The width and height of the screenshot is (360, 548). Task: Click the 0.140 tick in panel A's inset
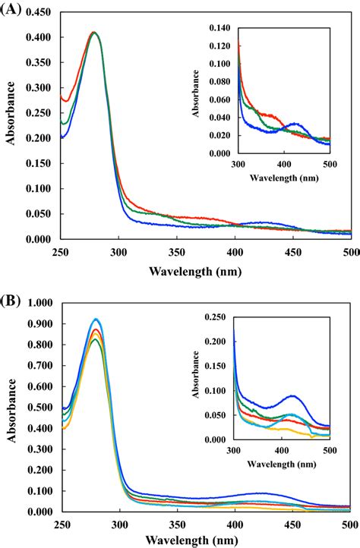[219, 29]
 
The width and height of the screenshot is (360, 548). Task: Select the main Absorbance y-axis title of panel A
[11, 125]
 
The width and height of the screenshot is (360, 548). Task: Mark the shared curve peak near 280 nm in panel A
[93, 33]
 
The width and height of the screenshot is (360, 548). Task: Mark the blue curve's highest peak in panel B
[96, 319]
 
